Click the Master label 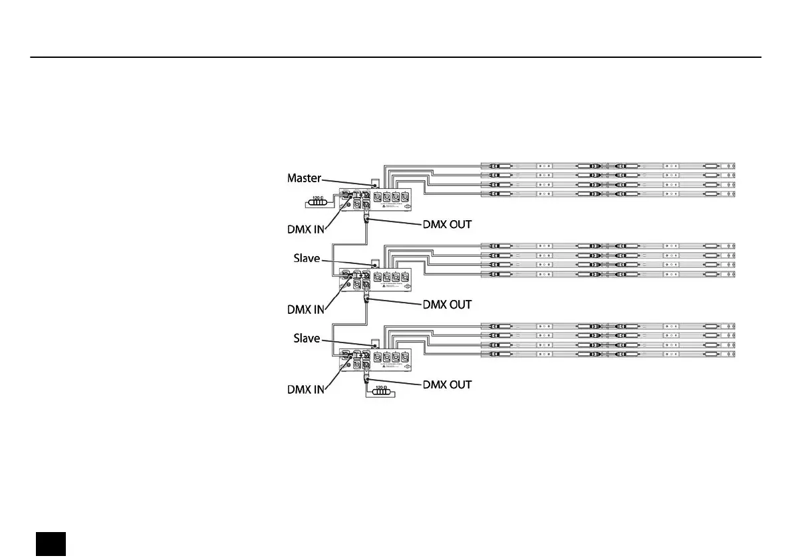point(304,178)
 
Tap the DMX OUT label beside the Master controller point(448,224)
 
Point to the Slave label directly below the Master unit point(307,258)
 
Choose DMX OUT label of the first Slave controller point(448,305)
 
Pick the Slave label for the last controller point(307,339)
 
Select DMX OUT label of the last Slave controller point(448,384)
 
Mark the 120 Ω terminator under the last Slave point(380,392)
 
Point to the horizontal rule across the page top point(396,57)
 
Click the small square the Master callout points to point(374,183)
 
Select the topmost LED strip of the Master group point(608,166)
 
